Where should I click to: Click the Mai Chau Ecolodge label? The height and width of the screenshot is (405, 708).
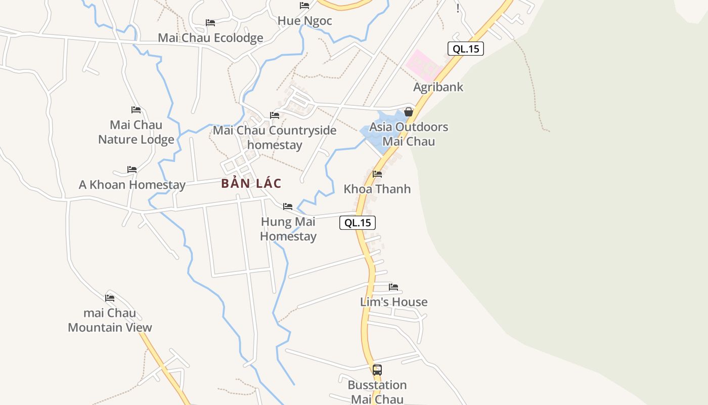pyautogui.click(x=210, y=38)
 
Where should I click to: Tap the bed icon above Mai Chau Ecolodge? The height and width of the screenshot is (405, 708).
pyautogui.click(x=210, y=23)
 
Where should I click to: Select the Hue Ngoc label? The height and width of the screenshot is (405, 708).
pyautogui.click(x=304, y=21)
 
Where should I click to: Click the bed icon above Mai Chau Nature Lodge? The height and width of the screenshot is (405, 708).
pyautogui.click(x=136, y=110)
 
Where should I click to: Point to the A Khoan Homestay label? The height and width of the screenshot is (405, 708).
pyautogui.click(x=132, y=185)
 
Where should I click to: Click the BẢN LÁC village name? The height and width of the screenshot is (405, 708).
pyautogui.click(x=251, y=183)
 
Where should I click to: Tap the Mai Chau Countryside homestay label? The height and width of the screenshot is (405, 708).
pyautogui.click(x=275, y=137)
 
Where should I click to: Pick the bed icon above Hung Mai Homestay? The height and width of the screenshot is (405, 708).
pyautogui.click(x=288, y=207)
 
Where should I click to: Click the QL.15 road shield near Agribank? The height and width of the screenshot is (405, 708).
pyautogui.click(x=466, y=49)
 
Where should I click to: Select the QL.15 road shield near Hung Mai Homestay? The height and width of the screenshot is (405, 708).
pyautogui.click(x=358, y=223)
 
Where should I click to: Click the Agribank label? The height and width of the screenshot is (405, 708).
pyautogui.click(x=438, y=87)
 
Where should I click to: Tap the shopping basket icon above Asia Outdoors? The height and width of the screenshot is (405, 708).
pyautogui.click(x=409, y=112)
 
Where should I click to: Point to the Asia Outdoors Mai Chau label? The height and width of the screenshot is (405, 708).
pyautogui.click(x=409, y=134)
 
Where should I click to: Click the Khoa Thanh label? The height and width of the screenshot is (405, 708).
pyautogui.click(x=377, y=189)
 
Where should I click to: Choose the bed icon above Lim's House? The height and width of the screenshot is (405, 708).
pyautogui.click(x=393, y=287)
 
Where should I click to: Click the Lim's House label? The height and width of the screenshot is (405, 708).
pyautogui.click(x=393, y=302)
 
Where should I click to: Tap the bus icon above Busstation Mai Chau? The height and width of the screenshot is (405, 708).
pyautogui.click(x=377, y=370)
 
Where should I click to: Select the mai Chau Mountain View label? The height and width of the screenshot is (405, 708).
pyautogui.click(x=110, y=320)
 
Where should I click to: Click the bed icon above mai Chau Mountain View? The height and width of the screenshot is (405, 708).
pyautogui.click(x=110, y=298)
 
